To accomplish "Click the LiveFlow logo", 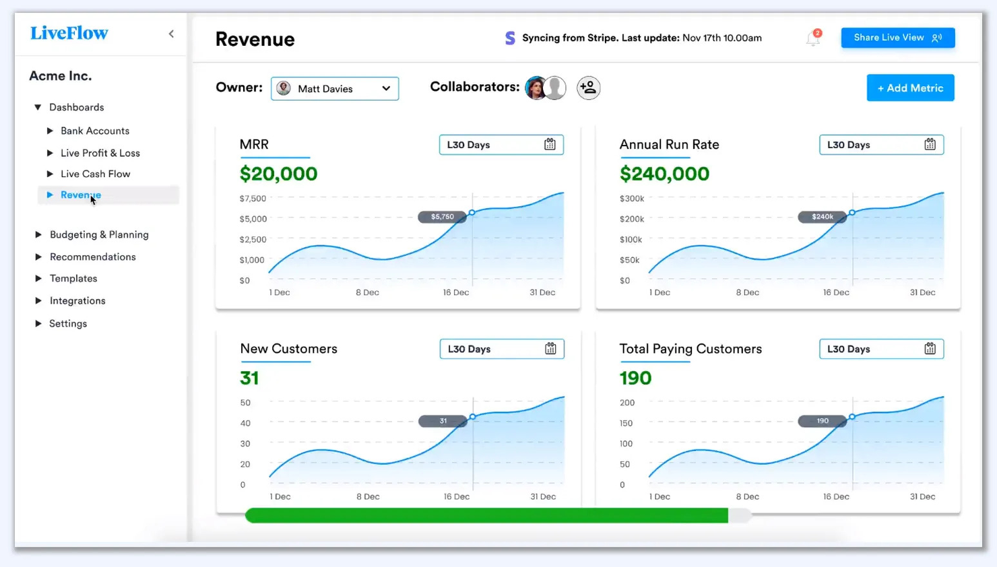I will [x=69, y=33].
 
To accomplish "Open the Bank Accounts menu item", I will [x=94, y=131].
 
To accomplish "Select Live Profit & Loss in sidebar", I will [x=100, y=153].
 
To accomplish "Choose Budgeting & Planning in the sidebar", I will [x=99, y=234].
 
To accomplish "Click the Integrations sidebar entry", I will [x=77, y=300].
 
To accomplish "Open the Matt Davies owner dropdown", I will [x=335, y=88].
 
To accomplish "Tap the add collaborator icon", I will [x=588, y=88].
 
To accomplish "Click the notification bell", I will [x=813, y=39].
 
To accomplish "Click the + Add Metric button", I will [x=910, y=88].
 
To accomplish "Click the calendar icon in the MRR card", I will [x=550, y=145].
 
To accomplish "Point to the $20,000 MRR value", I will [x=278, y=174].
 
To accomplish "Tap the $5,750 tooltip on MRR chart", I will [x=442, y=217].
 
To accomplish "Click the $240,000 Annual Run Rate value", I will [x=664, y=174].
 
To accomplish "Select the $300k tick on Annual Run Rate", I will [x=632, y=199].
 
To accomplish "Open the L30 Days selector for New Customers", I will [x=501, y=349].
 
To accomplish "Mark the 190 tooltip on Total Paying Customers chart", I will [x=822, y=421].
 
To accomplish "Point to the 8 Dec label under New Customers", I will [x=368, y=496].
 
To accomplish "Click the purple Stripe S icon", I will [x=510, y=38].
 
